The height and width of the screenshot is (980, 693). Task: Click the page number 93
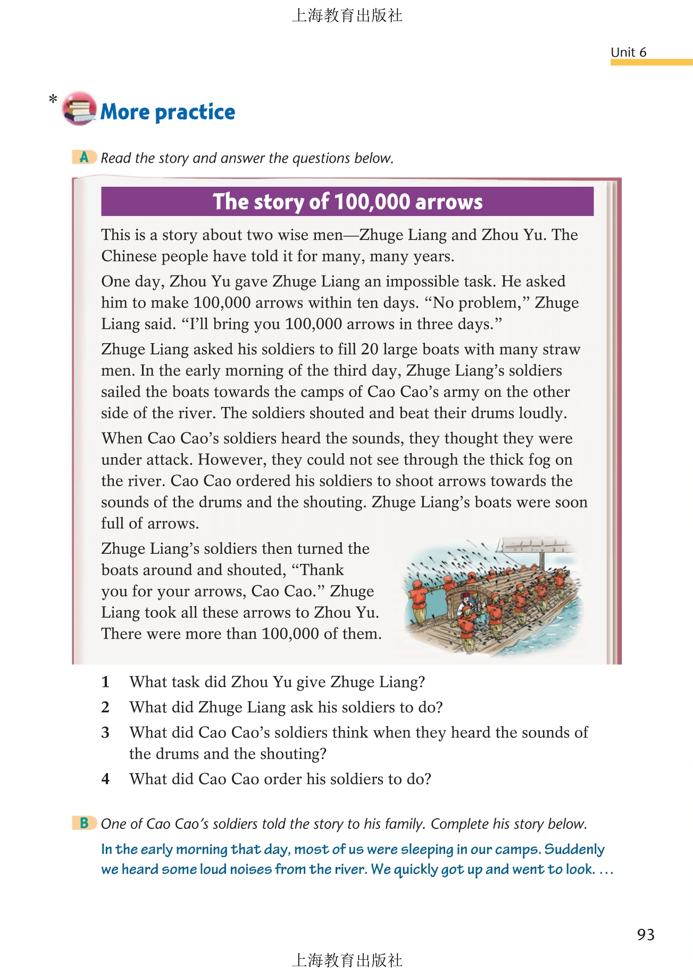(x=646, y=935)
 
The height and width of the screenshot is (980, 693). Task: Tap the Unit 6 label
(x=628, y=52)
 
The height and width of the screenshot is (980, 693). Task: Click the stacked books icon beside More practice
(x=79, y=108)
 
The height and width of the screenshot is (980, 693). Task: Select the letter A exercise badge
(x=84, y=157)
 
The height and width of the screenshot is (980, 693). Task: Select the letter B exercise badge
(x=84, y=823)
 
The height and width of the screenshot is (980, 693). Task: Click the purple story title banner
(x=347, y=202)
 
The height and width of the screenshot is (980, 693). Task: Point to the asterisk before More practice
(x=53, y=99)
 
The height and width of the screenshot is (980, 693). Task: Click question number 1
(x=105, y=682)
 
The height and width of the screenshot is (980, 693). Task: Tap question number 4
(x=105, y=779)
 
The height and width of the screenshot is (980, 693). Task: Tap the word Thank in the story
(x=322, y=570)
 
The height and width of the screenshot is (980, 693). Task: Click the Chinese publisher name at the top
(x=347, y=15)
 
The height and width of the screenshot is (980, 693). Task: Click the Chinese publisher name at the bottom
(x=347, y=960)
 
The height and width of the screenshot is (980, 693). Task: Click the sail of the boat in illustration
(x=537, y=546)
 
